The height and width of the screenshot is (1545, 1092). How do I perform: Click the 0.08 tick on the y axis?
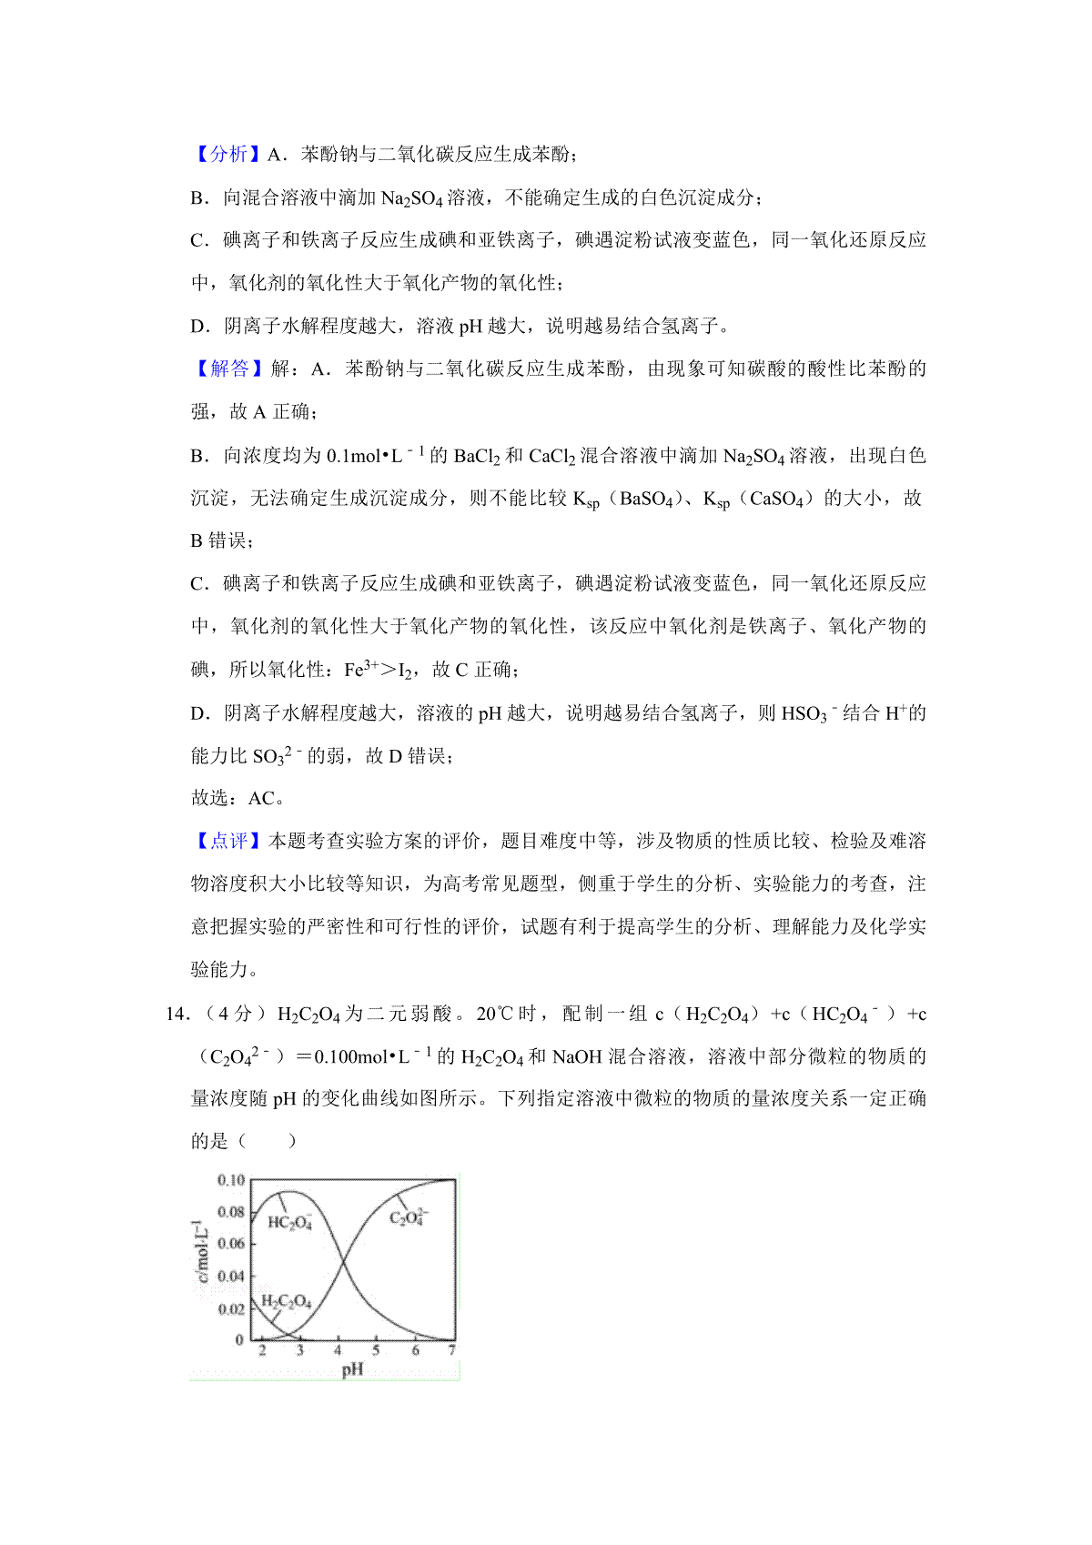tap(231, 1212)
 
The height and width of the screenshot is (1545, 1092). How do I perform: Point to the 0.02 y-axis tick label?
tap(231, 1308)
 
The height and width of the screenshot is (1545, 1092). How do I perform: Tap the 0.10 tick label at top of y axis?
tap(231, 1180)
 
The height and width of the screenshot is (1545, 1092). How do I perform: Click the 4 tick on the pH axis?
tap(338, 1350)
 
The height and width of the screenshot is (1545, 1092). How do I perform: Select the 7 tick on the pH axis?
tap(452, 1350)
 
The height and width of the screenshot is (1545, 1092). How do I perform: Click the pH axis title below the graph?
tap(352, 1369)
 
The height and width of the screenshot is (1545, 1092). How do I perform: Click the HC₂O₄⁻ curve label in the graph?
tap(290, 1222)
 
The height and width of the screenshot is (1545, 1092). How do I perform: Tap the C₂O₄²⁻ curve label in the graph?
tap(409, 1217)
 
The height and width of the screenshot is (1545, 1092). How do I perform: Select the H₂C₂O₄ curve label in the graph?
tap(286, 1302)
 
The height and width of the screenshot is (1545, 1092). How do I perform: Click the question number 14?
tap(176, 1014)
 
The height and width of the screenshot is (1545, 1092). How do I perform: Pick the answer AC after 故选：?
tap(261, 798)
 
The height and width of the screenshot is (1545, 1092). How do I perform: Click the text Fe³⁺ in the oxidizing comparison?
tap(360, 670)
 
